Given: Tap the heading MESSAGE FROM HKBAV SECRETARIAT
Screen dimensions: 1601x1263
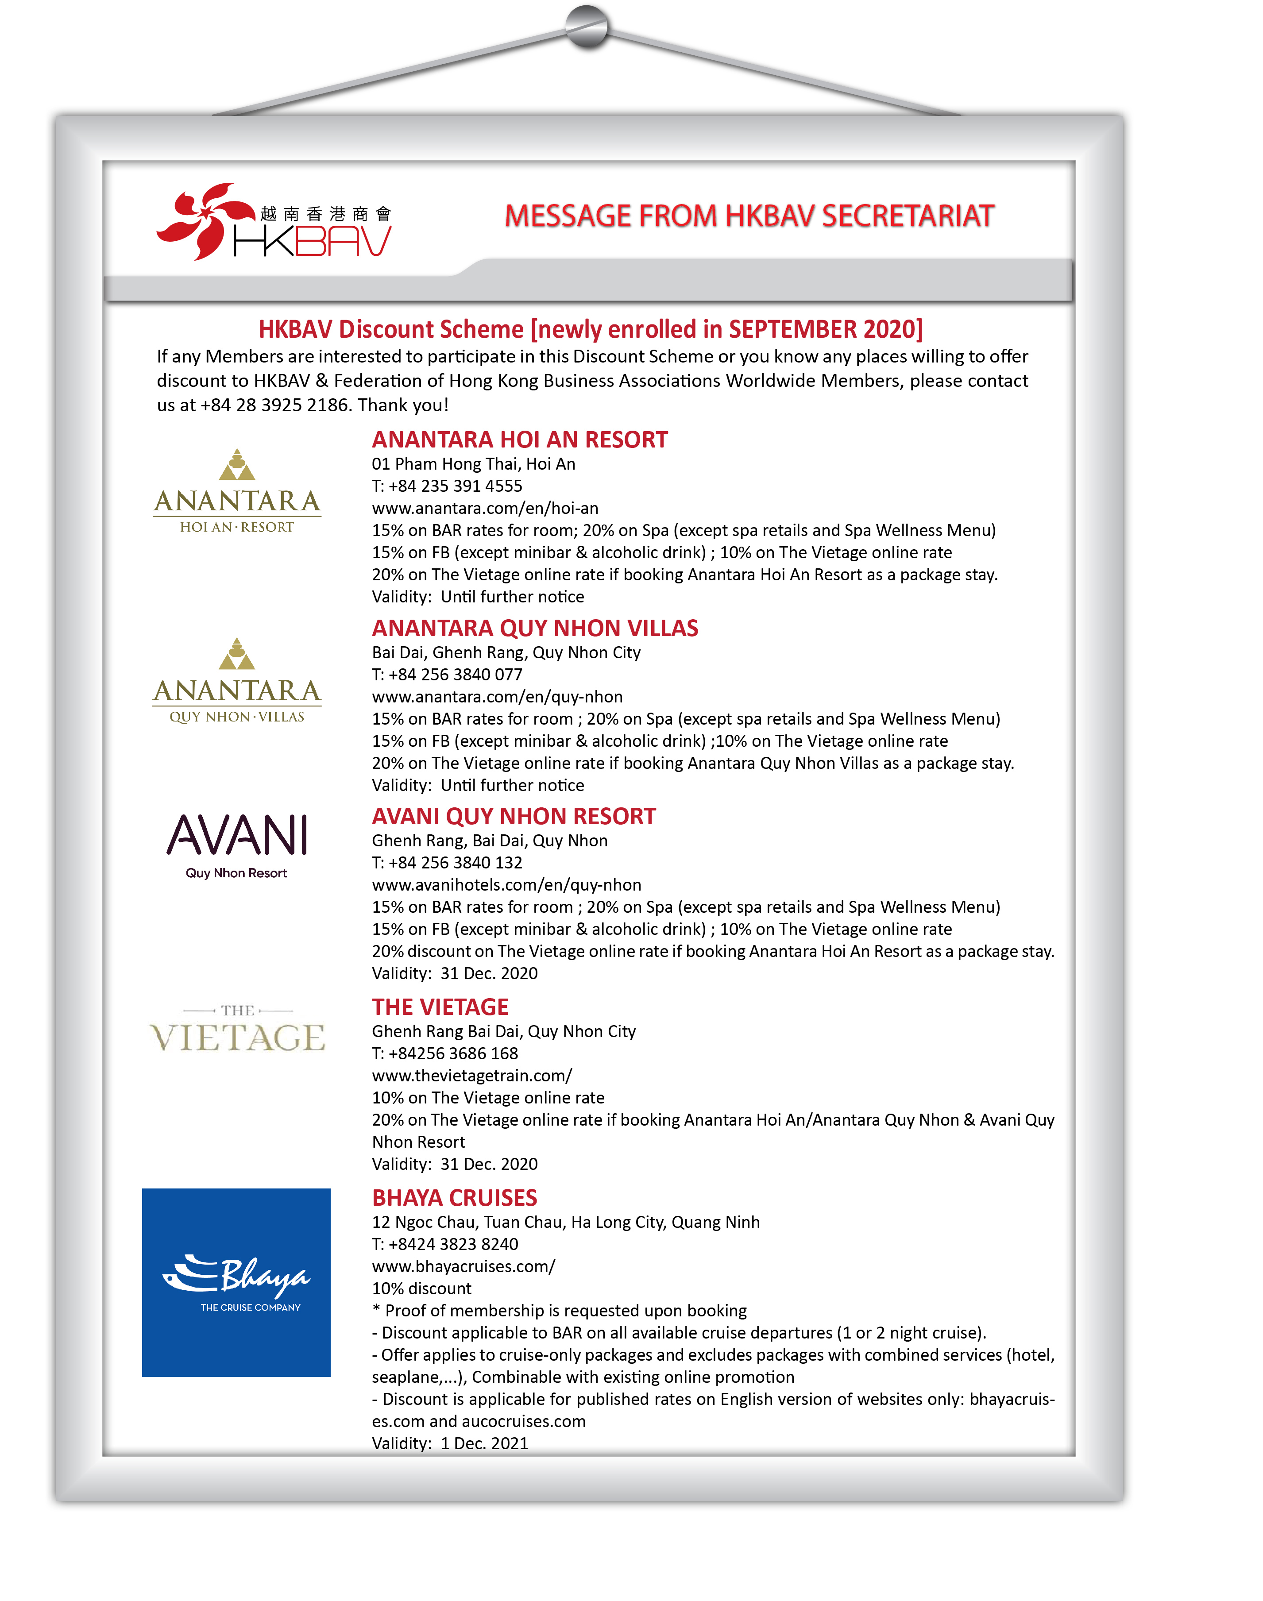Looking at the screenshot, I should click(749, 216).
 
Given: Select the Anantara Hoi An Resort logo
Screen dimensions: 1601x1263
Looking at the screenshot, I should click(237, 491).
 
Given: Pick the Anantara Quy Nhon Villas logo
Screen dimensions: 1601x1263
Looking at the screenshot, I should click(237, 682).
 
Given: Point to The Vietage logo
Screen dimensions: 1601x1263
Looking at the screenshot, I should click(237, 1030).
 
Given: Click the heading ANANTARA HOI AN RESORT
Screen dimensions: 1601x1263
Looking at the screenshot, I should click(519, 440).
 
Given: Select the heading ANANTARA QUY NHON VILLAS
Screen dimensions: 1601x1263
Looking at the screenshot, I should click(535, 628).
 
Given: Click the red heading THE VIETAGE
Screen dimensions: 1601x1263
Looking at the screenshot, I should click(440, 1007).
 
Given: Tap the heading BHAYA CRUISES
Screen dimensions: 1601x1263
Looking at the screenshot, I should click(454, 1198).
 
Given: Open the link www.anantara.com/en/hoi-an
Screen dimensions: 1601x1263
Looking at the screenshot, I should click(485, 509).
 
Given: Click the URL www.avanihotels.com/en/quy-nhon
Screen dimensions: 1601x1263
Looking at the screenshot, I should click(506, 886).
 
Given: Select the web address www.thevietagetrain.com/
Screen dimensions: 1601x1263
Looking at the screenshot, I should click(472, 1076).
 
